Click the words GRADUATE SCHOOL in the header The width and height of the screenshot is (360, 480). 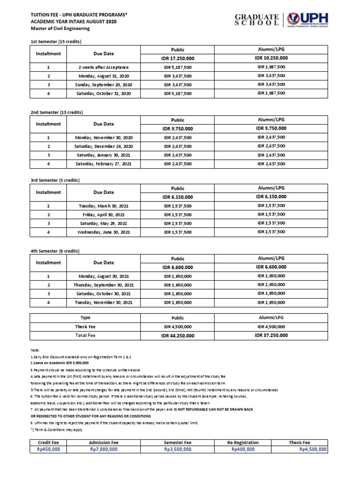point(257,19)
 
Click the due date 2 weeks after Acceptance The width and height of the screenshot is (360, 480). point(104,67)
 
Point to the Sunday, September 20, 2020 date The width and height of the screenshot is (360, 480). point(104,85)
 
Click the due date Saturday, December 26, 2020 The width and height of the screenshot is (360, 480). point(104,146)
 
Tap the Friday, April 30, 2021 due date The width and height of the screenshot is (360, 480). point(104,215)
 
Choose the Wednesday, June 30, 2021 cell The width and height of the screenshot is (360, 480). point(104,232)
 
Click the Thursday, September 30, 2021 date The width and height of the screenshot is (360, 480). point(104,285)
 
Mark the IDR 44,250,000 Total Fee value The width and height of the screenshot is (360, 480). point(178,336)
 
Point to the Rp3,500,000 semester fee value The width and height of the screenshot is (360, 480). point(178,449)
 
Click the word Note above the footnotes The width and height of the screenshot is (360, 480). point(36,350)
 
